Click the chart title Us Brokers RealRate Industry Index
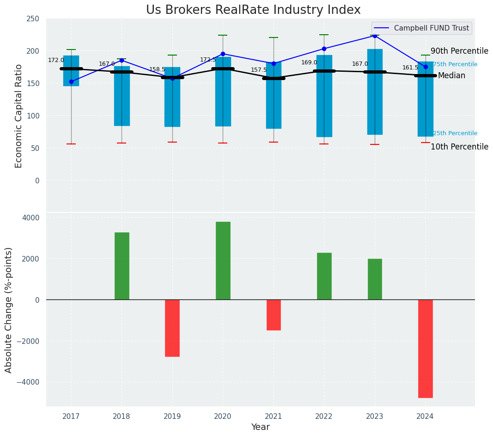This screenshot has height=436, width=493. coord(253,10)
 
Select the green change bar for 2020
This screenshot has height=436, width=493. coord(223,261)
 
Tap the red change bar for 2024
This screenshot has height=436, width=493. coord(425,349)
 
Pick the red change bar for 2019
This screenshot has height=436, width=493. coord(172,328)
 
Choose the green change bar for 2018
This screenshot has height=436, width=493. coord(122,266)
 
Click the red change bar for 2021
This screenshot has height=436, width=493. coord(274,315)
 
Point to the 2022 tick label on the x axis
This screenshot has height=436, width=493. coord(324,417)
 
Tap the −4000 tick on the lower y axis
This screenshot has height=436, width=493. coord(28,382)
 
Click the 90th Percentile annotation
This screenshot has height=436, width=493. coord(459,51)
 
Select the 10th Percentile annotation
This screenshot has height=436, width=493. coord(459,147)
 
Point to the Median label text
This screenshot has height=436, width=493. coord(451,75)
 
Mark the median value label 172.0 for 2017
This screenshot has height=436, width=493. coord(56,60)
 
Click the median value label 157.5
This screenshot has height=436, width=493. coord(259,70)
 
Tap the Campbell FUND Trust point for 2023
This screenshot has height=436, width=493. coord(375,36)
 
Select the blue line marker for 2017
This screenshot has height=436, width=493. coord(71,81)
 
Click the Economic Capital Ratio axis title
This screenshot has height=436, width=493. coord(19,116)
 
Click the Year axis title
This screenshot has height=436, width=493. coord(261,427)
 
